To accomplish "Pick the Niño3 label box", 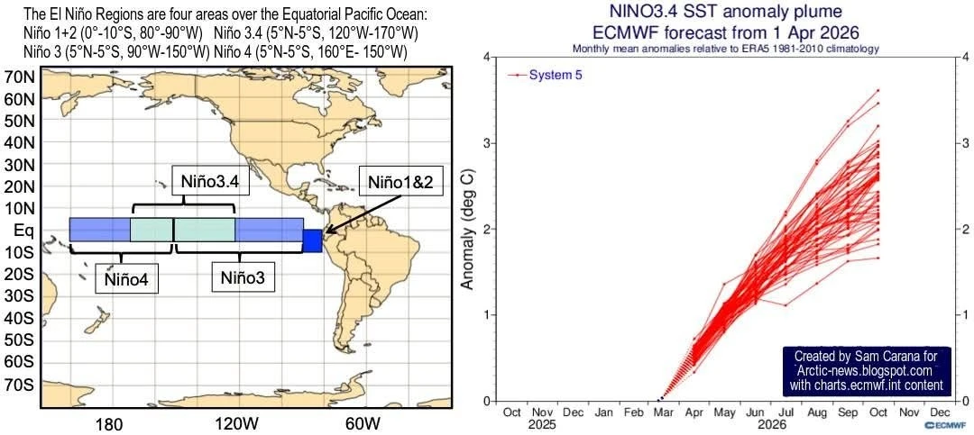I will tap(243, 278).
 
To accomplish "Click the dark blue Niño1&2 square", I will tap(312, 240).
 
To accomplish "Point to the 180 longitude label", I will tap(109, 423).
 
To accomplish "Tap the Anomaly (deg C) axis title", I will tap(468, 230).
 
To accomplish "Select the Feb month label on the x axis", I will tap(634, 412).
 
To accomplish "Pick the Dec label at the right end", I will tap(939, 412).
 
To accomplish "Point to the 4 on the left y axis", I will tap(487, 58).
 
